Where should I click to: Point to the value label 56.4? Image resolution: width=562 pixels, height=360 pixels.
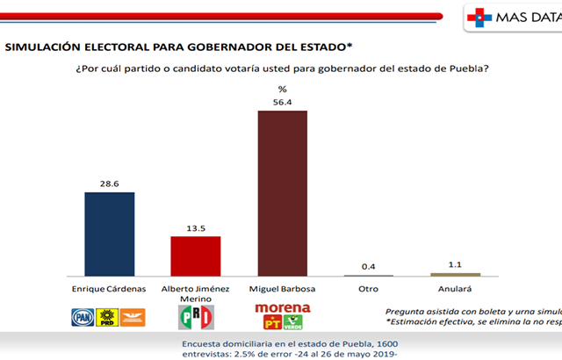point(282,101)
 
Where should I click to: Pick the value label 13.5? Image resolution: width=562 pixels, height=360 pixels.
point(195,227)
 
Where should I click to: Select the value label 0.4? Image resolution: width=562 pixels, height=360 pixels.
point(368,266)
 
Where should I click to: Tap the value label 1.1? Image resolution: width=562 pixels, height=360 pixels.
point(455,264)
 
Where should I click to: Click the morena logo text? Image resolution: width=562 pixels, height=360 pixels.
point(282,308)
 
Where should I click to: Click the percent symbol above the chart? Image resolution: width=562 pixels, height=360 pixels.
point(282,90)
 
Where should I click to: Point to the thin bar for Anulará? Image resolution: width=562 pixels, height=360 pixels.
point(455,275)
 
